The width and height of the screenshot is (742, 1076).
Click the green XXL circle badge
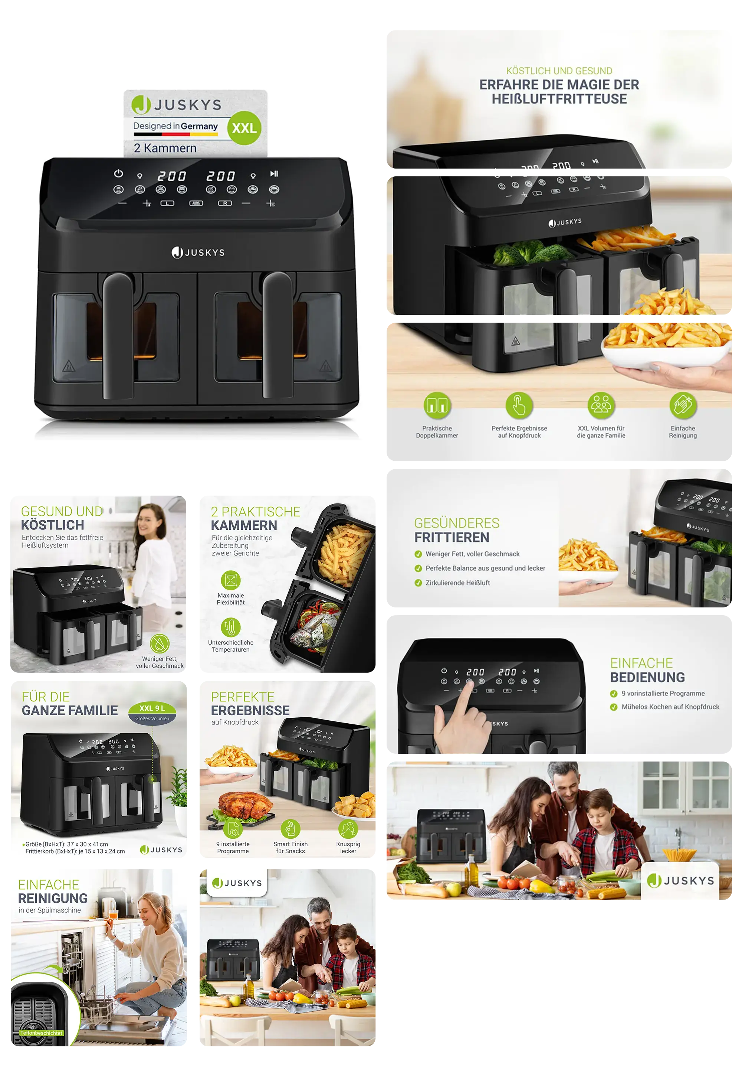[x=244, y=128]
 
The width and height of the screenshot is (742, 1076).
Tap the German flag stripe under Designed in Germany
[x=176, y=134]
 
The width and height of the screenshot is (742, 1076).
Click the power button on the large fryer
[x=119, y=173]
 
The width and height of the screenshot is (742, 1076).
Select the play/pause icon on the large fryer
[x=274, y=173]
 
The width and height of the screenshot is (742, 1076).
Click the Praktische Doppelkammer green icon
[x=437, y=405]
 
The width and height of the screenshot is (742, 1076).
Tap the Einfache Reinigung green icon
[x=683, y=405]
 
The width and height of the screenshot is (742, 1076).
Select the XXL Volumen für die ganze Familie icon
[x=601, y=405]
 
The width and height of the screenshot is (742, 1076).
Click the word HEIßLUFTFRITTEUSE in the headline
[x=559, y=99]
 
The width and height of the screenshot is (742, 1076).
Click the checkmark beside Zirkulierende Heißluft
[x=418, y=583]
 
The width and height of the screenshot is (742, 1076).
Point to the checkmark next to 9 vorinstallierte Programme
[x=614, y=694]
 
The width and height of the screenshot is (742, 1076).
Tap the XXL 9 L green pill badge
[x=152, y=708]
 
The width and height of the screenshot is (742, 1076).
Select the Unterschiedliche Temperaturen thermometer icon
[x=231, y=627]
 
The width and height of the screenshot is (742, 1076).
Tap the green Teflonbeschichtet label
[x=42, y=1033]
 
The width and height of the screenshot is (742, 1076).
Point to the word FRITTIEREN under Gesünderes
[x=452, y=537]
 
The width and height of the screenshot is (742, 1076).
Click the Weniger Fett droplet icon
[x=160, y=643]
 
